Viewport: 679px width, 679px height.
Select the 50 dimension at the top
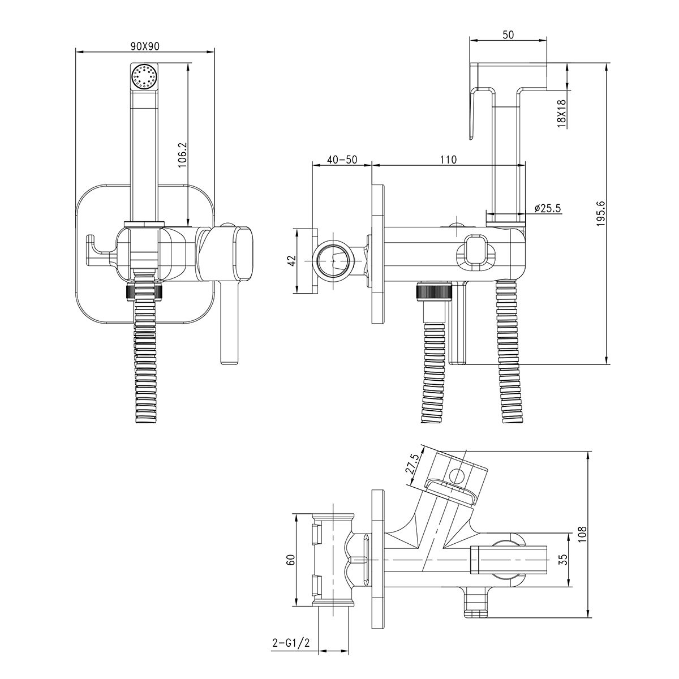tap(508, 35)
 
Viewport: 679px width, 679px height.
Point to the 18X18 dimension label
tap(561, 114)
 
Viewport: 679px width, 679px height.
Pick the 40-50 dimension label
tap(342, 160)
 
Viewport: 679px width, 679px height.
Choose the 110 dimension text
tap(448, 160)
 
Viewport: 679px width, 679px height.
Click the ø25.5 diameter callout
tap(547, 208)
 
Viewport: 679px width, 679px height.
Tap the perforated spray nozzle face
tap(144, 77)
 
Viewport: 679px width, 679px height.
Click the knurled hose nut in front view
tap(144, 292)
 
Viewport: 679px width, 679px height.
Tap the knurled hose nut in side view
tap(432, 291)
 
